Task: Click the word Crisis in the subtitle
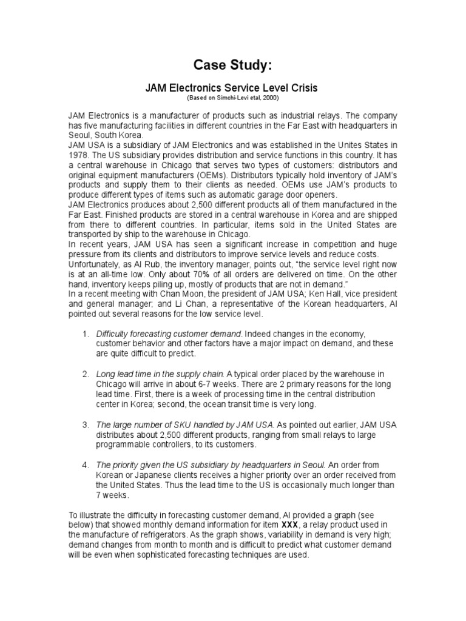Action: click(303, 88)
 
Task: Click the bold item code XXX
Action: click(289, 524)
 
